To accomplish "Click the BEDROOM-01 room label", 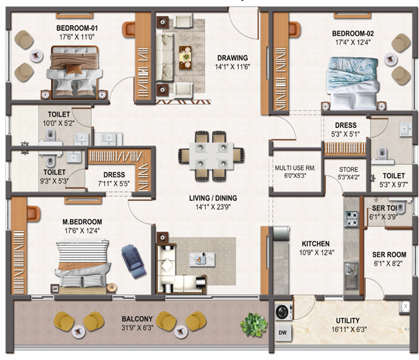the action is point(77,28).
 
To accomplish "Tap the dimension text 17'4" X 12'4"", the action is point(353,42).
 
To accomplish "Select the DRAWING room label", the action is point(233,58).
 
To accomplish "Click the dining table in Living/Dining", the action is point(211,156).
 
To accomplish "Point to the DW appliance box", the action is point(283,333).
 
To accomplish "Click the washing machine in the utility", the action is point(283,312).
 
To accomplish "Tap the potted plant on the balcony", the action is point(253,325).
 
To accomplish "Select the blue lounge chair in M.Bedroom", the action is point(133,261).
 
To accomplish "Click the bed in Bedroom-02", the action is point(353,83).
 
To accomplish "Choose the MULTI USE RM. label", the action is point(295,168).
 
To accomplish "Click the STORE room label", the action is point(348,169).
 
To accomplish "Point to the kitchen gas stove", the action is point(351,219).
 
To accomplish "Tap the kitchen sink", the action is point(351,275).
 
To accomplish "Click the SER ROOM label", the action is point(389,255).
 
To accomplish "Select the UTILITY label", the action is point(348,320).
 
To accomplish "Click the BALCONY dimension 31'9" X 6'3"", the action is point(138,328).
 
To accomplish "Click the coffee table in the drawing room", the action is point(185,57).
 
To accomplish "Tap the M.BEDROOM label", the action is point(82,222).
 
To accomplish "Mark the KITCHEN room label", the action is point(315,244).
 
